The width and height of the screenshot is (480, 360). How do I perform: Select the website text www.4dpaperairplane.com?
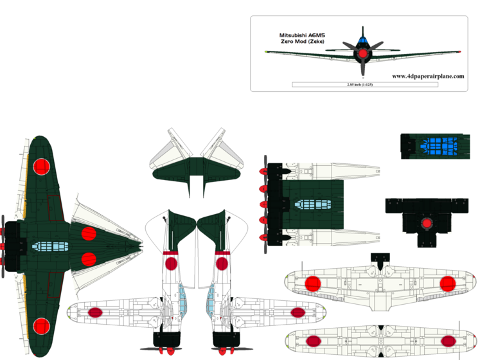427,75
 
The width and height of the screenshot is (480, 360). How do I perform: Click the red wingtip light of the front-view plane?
267,51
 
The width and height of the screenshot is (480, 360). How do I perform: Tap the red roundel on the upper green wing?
41,166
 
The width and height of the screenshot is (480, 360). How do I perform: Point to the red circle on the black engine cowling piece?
425,223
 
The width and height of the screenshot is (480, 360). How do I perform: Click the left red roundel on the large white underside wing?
312,283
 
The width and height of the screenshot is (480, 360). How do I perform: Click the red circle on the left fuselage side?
172,262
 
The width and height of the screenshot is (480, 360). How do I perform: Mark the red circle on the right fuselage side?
222,262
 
